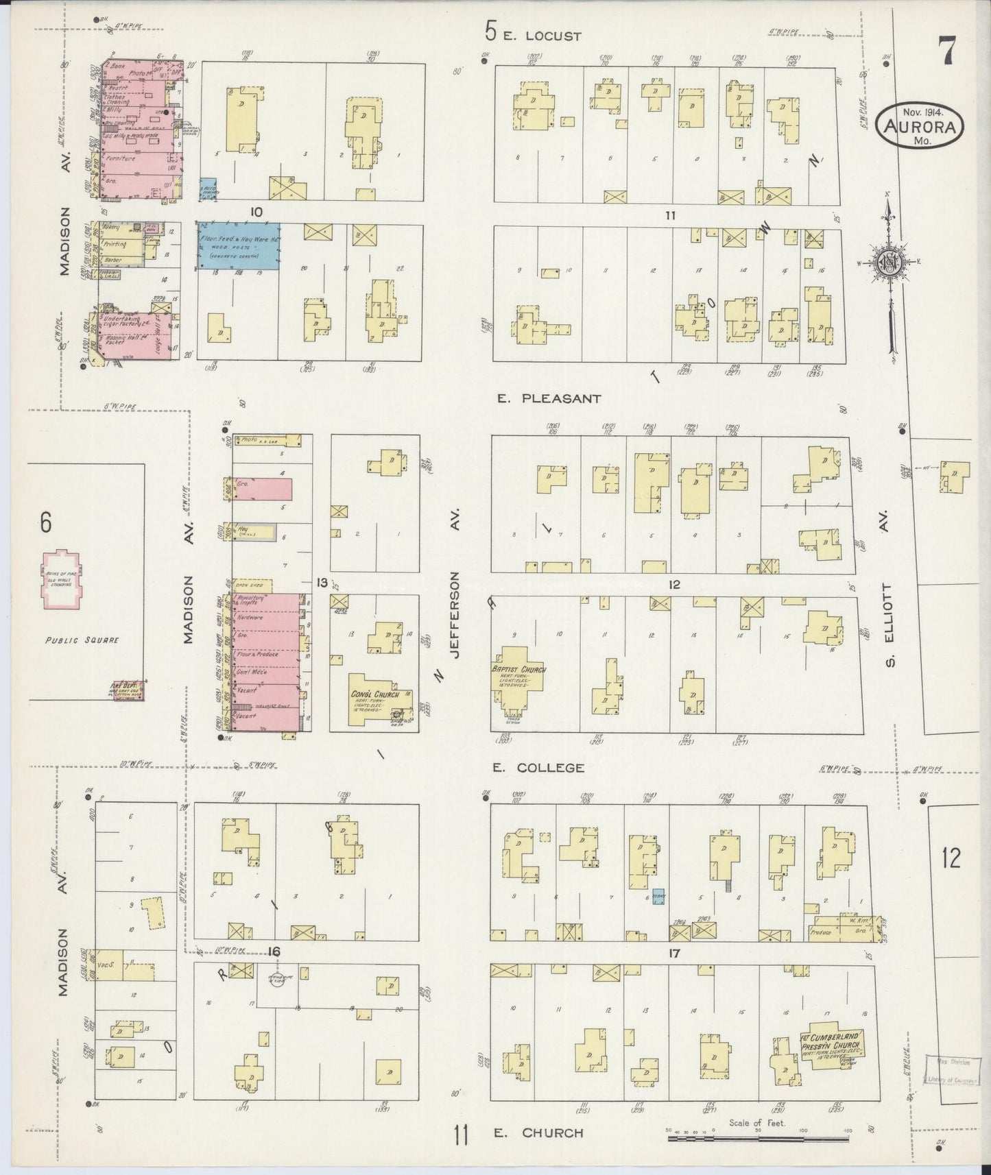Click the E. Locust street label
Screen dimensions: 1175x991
coord(542,36)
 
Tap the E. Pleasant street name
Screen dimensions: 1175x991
coord(549,398)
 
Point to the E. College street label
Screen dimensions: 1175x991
coord(551,768)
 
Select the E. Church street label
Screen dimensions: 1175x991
coord(552,1132)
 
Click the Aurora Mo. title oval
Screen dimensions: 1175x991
coord(920,125)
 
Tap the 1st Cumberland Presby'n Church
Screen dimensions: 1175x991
coord(831,1042)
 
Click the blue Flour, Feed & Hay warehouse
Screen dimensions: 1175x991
coord(238,246)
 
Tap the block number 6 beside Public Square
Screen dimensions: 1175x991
coord(46,522)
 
